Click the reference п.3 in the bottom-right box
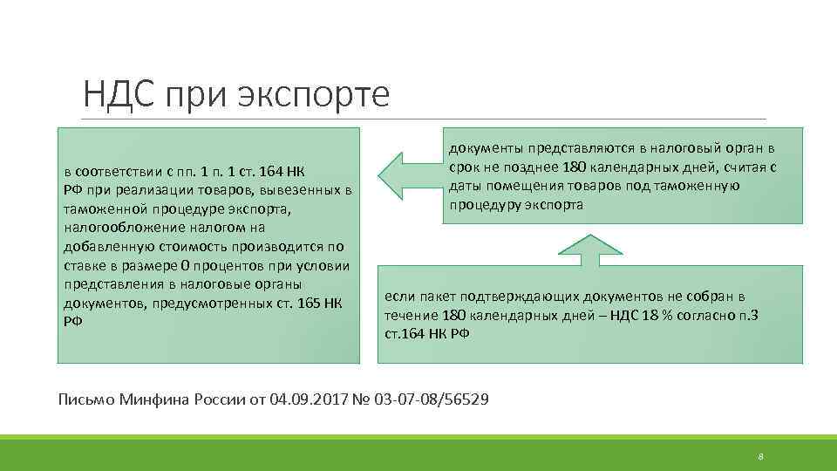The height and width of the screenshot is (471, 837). click(748, 315)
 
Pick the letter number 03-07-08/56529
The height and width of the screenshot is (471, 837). click(432, 399)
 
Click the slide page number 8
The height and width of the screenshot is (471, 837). click(761, 457)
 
